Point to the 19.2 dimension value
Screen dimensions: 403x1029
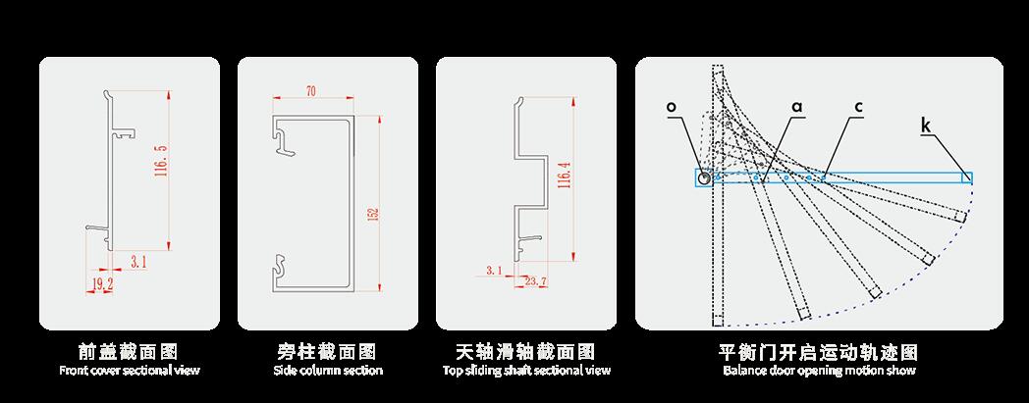tap(103, 283)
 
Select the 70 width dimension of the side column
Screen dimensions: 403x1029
tap(311, 92)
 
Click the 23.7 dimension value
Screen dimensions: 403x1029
tap(536, 282)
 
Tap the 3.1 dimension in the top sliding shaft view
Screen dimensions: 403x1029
tap(494, 269)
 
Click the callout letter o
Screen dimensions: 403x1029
tap(671, 106)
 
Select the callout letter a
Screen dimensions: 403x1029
tap(797, 106)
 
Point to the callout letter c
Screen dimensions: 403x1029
tap(858, 106)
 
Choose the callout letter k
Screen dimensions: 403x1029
tap(927, 125)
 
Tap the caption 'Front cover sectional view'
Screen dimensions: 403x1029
tap(130, 371)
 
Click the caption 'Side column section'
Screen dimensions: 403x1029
tap(328, 371)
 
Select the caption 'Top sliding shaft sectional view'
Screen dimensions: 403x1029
tap(526, 371)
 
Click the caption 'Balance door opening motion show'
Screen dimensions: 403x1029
tap(819, 371)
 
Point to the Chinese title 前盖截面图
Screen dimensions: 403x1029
tap(130, 351)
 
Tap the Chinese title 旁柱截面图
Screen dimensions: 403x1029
tap(328, 351)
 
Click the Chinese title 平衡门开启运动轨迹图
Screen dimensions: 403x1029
tap(819, 351)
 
